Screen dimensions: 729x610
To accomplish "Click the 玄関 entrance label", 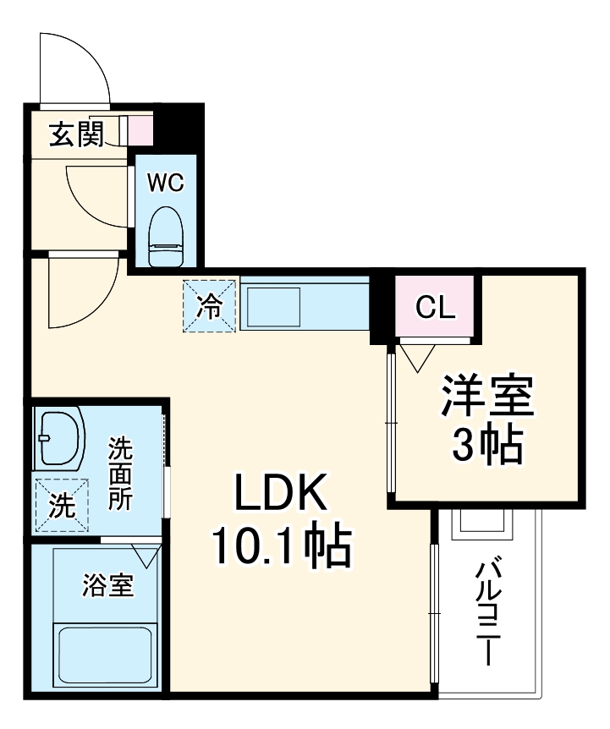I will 75,134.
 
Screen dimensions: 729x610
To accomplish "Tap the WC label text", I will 165,183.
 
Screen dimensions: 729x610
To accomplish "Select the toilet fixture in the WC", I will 166,236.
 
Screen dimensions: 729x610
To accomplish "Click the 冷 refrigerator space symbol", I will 210,305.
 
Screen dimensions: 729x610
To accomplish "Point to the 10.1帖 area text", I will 281,547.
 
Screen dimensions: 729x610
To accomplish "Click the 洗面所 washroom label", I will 119,474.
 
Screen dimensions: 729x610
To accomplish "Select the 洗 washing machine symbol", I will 60,506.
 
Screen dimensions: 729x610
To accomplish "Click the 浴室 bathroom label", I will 107,585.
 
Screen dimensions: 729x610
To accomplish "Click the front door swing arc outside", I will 74,68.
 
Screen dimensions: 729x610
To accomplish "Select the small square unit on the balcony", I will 481,525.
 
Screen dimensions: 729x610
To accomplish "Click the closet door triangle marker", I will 416,359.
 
